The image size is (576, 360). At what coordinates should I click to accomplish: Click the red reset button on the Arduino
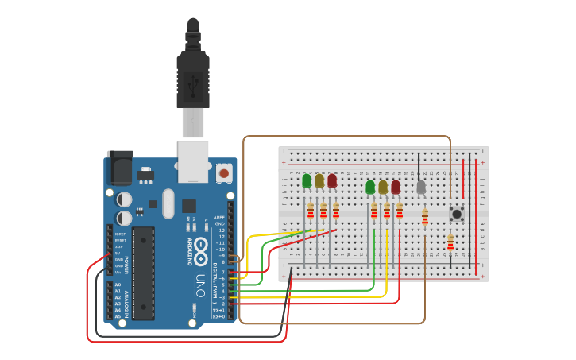(224, 172)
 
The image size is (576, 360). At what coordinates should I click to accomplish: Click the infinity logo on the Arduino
(200, 246)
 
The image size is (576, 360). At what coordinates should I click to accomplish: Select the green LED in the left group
(307, 181)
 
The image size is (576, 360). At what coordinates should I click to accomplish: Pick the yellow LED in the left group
(319, 181)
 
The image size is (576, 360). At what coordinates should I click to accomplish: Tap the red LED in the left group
(332, 181)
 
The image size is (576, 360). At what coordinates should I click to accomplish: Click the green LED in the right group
(370, 188)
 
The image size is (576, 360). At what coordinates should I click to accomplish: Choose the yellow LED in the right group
(383, 188)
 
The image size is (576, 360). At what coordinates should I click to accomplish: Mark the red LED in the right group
(396, 188)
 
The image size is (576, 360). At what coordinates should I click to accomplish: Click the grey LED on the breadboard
(421, 188)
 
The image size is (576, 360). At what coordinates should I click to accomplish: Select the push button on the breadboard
(457, 213)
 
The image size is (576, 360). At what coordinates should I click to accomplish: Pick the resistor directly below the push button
(450, 242)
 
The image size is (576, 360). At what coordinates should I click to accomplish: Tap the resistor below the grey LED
(425, 217)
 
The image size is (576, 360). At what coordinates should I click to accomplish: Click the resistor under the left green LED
(311, 211)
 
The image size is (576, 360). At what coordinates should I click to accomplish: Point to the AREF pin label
(221, 218)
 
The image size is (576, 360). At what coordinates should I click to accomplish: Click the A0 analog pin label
(118, 285)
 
